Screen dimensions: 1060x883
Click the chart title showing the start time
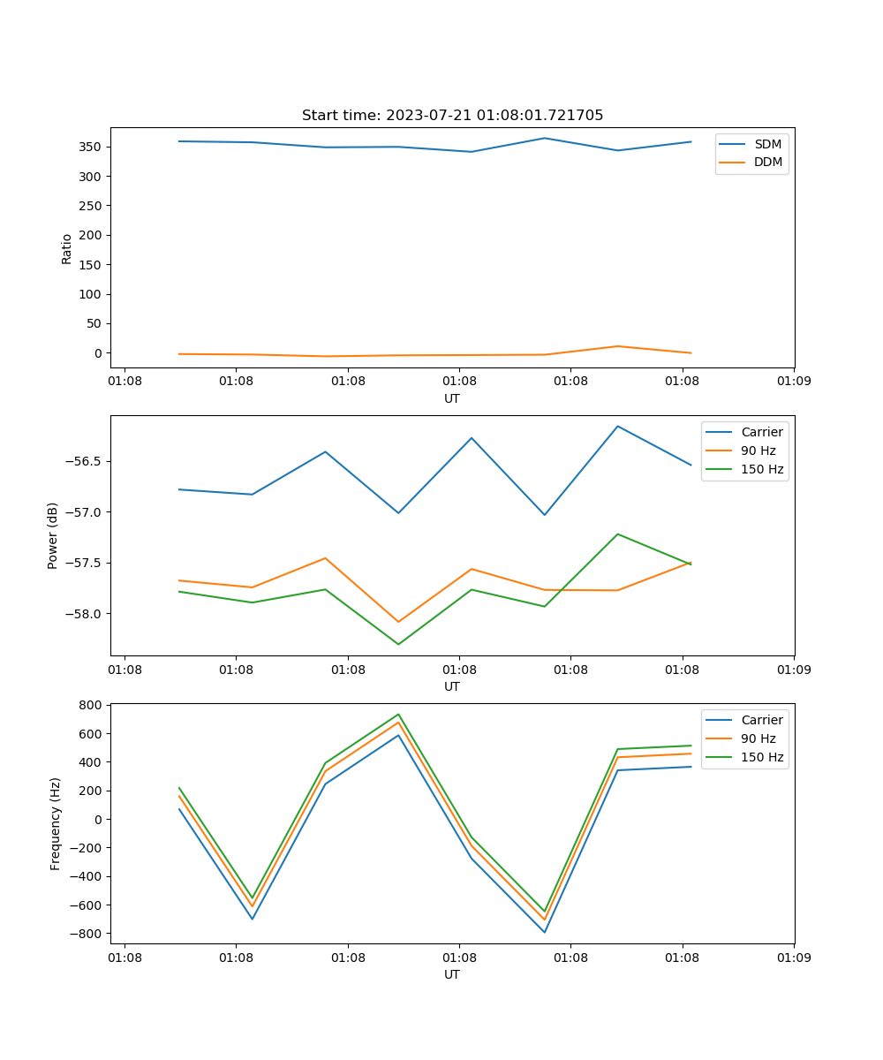point(452,116)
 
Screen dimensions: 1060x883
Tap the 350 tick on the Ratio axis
point(93,147)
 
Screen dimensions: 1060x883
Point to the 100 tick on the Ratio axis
point(93,294)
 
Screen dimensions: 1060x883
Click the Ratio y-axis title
point(67,249)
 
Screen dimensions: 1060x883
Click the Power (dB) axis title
point(53,535)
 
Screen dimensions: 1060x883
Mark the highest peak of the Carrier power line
point(617,427)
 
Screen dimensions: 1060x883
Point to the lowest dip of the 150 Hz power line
point(398,644)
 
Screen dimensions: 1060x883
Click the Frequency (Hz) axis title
point(56,823)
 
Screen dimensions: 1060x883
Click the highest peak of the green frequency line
point(398,715)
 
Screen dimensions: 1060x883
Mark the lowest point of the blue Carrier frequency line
point(545,932)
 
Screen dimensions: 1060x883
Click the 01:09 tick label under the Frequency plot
point(794,957)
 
